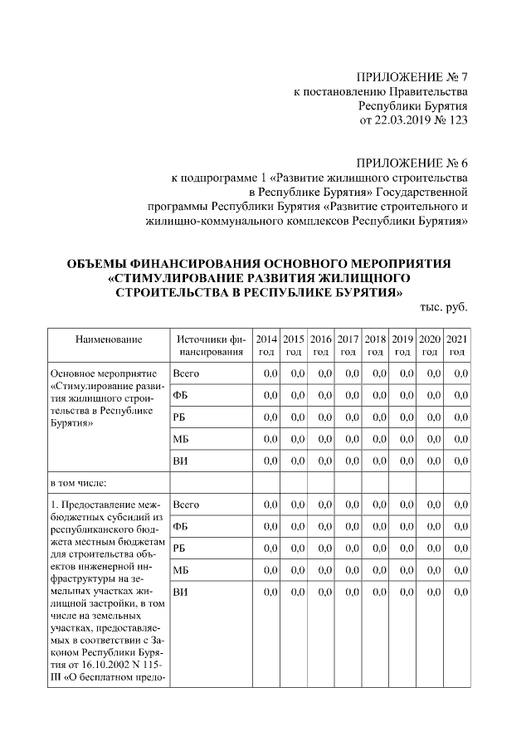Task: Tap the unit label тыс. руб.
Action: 445,306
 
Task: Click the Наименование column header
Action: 109,339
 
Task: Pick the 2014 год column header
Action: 266,345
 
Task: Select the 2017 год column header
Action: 348,345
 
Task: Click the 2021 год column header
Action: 456,345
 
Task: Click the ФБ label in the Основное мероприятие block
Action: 180,395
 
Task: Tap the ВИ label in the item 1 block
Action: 180,591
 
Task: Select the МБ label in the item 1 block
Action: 181,569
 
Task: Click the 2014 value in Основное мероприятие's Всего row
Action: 270,373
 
